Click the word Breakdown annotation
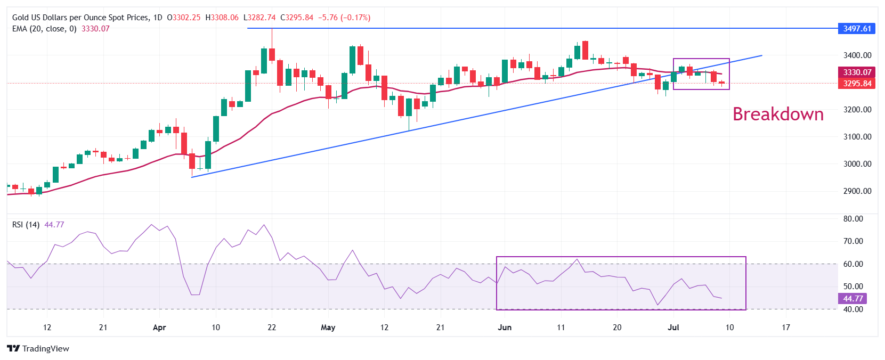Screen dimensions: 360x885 [778, 114]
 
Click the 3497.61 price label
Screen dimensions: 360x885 [857, 28]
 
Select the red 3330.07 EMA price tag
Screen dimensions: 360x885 [857, 72]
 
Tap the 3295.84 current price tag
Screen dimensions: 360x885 [857, 84]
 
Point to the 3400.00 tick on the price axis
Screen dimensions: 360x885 [857, 55]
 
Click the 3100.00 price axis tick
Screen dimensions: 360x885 [857, 137]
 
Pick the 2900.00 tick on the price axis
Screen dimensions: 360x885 [857, 191]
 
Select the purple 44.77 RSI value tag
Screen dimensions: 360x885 [852, 299]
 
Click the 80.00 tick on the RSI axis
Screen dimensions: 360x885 [853, 219]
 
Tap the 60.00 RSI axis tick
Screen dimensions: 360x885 [853, 264]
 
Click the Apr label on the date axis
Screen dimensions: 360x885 [159, 328]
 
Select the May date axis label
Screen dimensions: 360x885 [328, 328]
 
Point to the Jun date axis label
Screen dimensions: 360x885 [505, 328]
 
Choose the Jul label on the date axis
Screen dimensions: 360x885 [673, 328]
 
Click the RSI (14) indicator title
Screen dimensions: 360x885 [26, 225]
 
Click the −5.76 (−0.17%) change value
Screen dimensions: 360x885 [344, 18]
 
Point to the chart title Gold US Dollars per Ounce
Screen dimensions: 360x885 [80, 18]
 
